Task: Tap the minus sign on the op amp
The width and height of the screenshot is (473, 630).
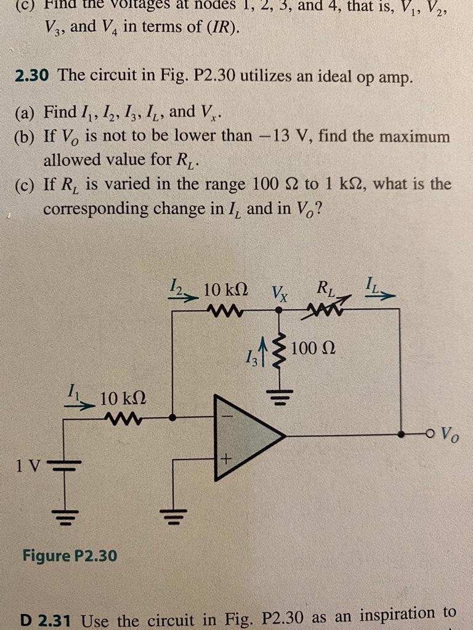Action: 226,416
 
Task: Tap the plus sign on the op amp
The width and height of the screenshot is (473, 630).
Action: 226,459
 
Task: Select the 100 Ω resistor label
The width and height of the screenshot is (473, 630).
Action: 313,349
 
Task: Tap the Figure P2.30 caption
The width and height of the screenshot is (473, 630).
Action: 69,556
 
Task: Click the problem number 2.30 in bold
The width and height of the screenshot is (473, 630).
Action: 34,77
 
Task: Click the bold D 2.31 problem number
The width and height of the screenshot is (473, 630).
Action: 45,616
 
